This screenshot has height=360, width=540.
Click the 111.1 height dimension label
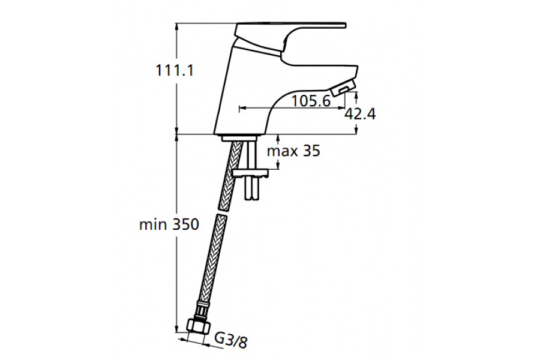tap(175, 71)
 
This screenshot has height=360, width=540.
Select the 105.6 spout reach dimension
tap(311, 101)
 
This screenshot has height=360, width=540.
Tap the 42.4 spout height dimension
tap(360, 114)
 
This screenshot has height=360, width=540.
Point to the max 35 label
tap(294, 151)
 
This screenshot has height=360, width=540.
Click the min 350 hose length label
tap(169, 224)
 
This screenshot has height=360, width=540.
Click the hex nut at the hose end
tap(198, 326)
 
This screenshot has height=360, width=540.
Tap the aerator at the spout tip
tap(343, 89)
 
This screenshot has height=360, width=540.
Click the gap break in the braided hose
tap(223, 211)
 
